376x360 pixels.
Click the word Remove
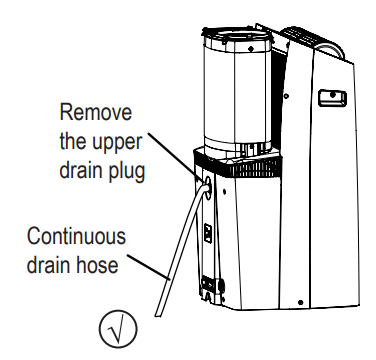tap(96, 112)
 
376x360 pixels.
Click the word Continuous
tap(76, 236)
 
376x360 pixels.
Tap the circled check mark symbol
tap(118, 329)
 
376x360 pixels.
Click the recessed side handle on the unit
tap(332, 98)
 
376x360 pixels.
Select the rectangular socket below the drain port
tap(208, 233)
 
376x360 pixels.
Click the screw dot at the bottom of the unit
tap(300, 302)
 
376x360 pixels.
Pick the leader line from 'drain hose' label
tap(148, 266)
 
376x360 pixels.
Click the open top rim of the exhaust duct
tap(237, 37)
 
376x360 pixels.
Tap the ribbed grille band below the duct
tap(239, 167)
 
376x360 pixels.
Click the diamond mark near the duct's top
tap(251, 49)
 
